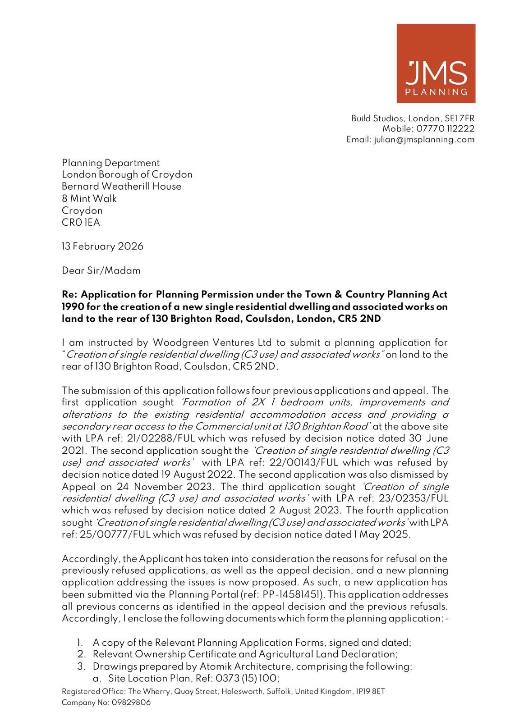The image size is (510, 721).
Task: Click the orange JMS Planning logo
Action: click(436, 64)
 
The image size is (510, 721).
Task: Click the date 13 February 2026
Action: click(102, 246)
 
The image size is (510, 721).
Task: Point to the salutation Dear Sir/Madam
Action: click(101, 271)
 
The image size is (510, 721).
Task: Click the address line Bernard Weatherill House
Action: click(121, 187)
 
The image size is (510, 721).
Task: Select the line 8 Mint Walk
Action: click(89, 199)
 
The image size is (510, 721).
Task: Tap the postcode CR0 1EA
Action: click(81, 223)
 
